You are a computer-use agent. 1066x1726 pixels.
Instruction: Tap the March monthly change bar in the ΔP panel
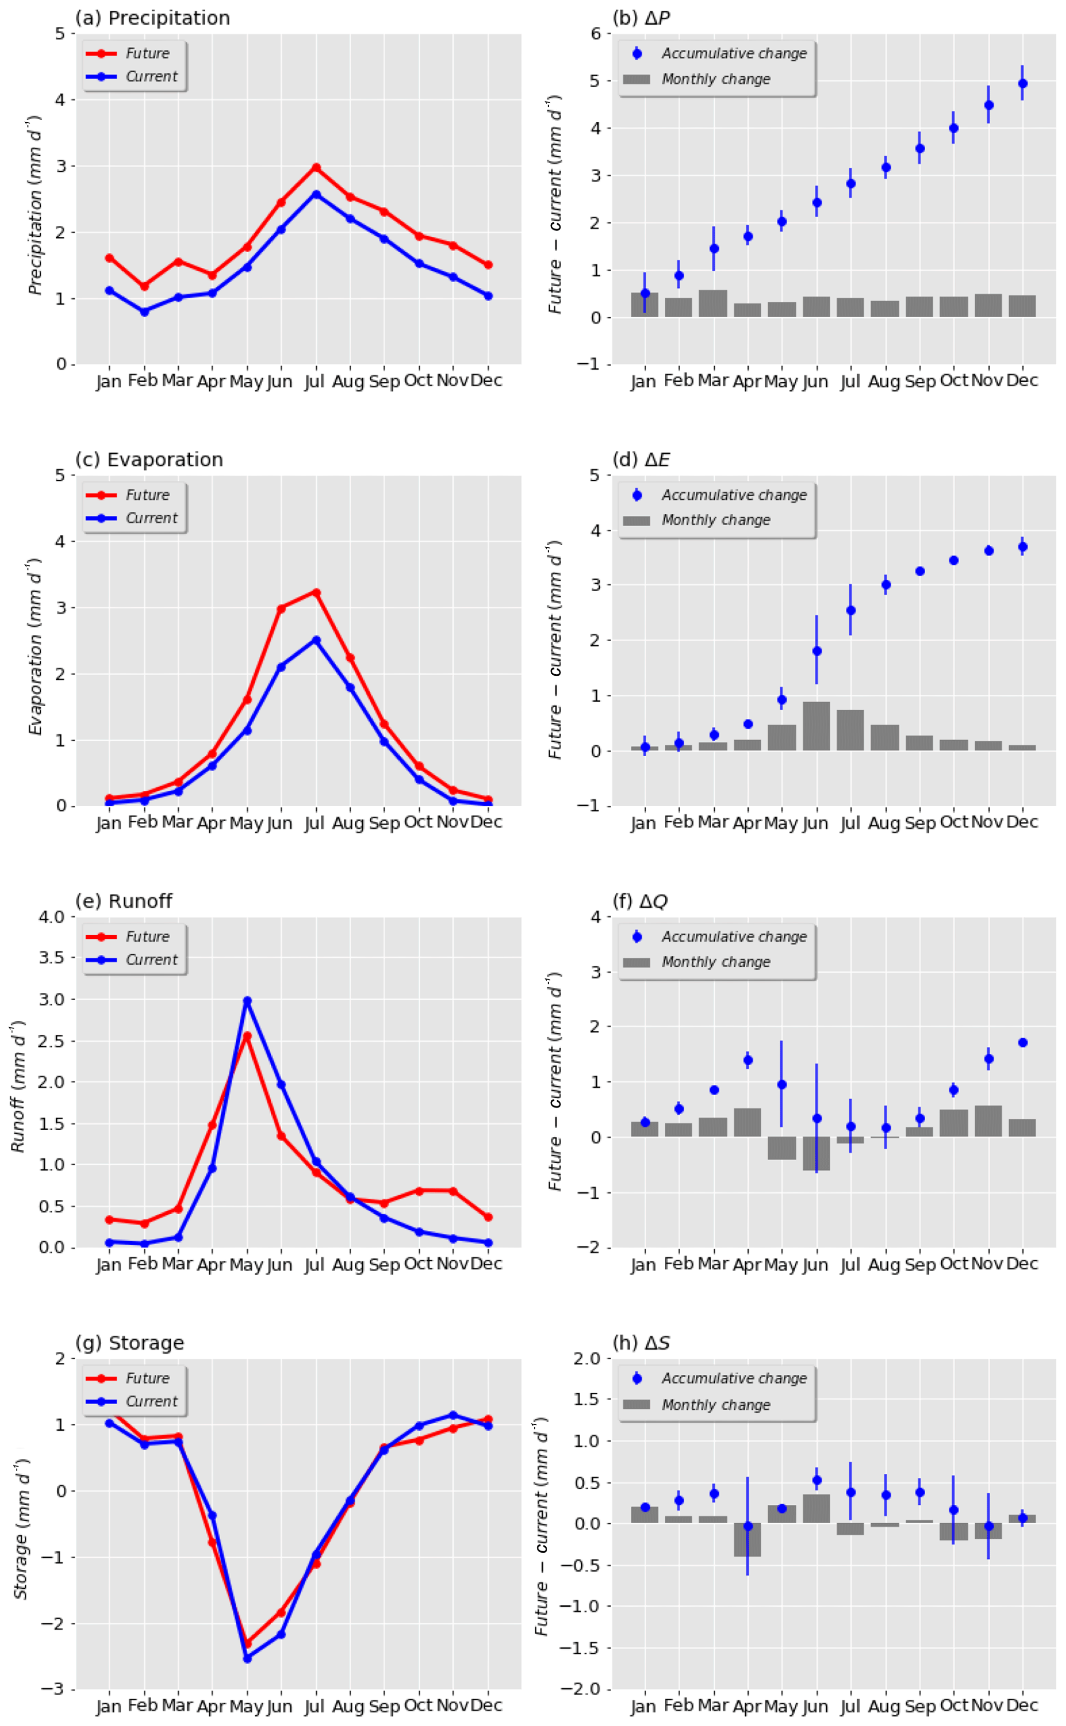(713, 303)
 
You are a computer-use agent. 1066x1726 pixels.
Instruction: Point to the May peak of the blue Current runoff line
(247, 1001)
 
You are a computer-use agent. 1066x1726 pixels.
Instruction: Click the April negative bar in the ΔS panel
(747, 1539)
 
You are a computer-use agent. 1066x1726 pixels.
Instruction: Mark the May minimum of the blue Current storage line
(247, 1658)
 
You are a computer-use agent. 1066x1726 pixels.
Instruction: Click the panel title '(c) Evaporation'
(149, 460)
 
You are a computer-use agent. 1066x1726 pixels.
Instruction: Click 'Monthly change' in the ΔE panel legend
(716, 520)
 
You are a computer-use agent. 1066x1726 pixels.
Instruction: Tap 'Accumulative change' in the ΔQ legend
(733, 937)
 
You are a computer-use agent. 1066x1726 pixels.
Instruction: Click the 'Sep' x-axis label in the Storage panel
(384, 1706)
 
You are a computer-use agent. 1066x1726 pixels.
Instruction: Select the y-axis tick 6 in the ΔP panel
(596, 34)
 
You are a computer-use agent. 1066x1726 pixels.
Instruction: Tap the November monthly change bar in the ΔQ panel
(989, 1120)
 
